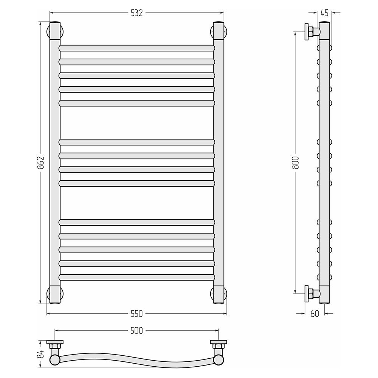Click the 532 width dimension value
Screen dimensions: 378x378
pos(137,13)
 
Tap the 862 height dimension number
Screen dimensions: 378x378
pos(42,163)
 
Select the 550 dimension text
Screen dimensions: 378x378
pos(137,314)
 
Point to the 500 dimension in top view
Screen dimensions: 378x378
pos(137,330)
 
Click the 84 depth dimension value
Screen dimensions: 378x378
pos(42,354)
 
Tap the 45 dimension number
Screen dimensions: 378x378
pos(325,13)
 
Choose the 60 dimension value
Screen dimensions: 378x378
pos(314,314)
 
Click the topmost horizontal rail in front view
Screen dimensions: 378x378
pos(137,48)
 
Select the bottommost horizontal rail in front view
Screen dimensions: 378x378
pos(137,277)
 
